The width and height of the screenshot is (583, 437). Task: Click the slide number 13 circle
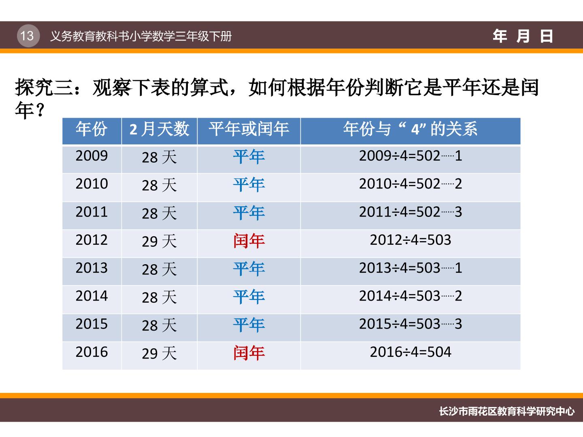(x=28, y=36)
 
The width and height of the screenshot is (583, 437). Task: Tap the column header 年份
(x=91, y=129)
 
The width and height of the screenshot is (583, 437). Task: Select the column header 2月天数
(x=159, y=129)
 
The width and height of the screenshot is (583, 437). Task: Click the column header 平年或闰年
(x=249, y=129)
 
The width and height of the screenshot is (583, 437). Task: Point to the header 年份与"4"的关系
(x=411, y=129)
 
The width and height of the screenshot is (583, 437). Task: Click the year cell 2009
(x=91, y=155)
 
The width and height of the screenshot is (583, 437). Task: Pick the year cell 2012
(x=91, y=240)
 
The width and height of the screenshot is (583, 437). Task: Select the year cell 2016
(x=91, y=352)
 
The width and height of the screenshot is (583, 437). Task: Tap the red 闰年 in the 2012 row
(x=249, y=241)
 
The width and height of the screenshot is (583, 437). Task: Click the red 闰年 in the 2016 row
(x=249, y=353)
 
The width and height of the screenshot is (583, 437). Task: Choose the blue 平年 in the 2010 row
(x=249, y=185)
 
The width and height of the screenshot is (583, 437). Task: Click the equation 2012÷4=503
(x=411, y=240)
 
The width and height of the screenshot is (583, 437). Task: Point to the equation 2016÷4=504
(x=411, y=352)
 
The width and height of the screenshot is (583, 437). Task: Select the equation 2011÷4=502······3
(x=411, y=212)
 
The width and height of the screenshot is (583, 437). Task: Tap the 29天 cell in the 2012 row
(x=159, y=241)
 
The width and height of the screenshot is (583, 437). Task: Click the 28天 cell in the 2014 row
(x=159, y=297)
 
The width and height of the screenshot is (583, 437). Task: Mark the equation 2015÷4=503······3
(x=411, y=324)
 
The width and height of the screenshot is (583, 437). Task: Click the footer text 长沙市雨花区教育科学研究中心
(x=506, y=412)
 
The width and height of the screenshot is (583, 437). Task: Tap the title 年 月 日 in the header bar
(x=523, y=36)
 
